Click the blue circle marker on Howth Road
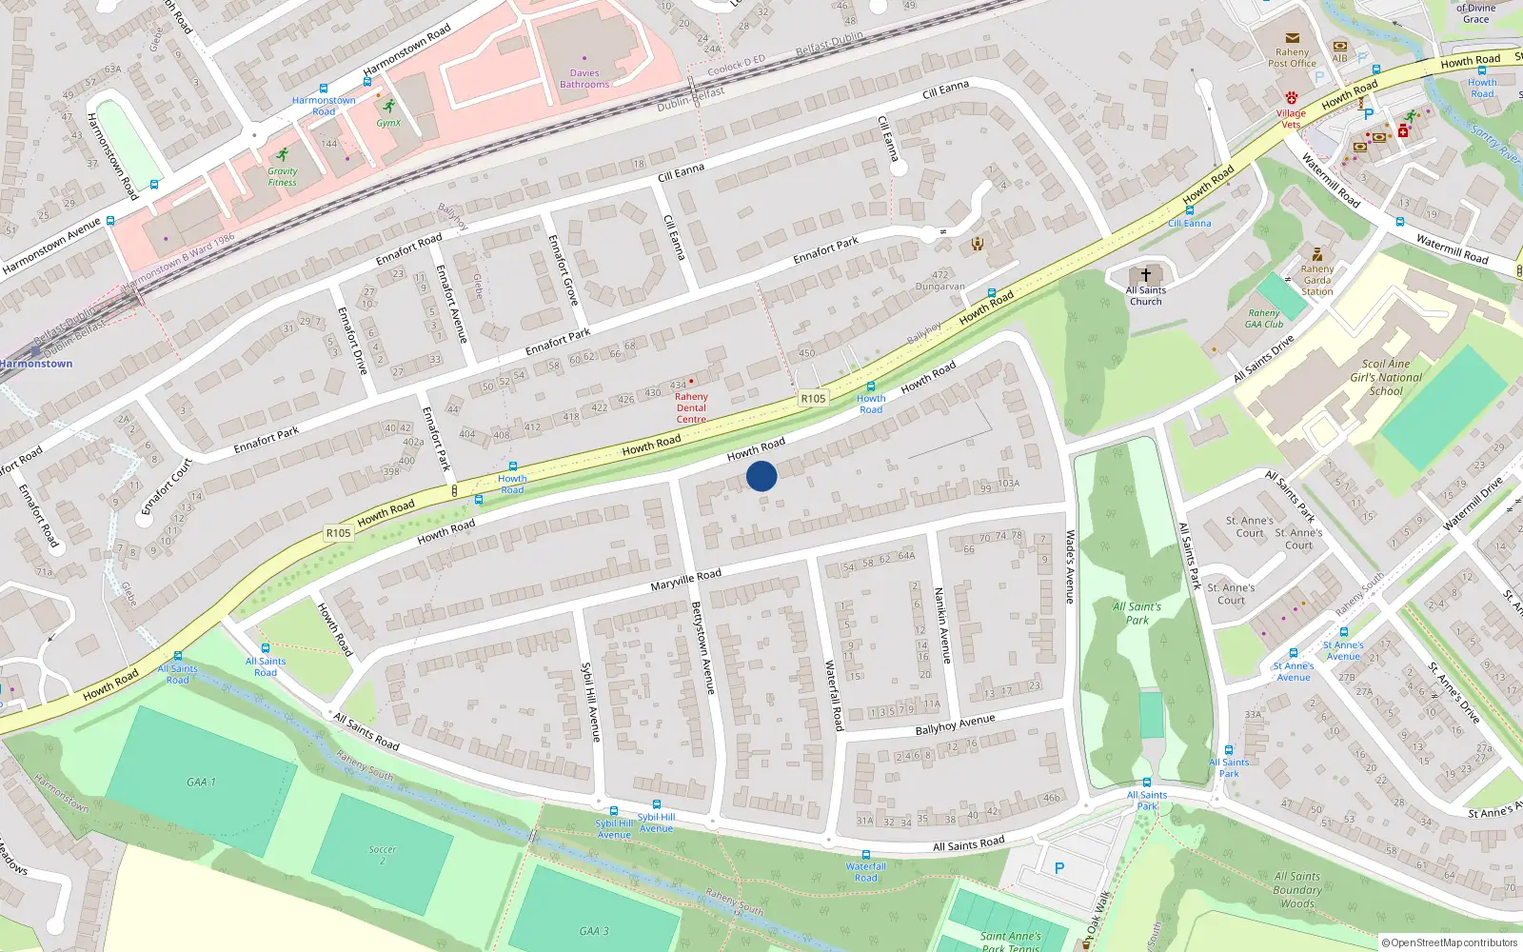pyautogui.click(x=761, y=476)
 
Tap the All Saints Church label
pyautogui.click(x=1146, y=296)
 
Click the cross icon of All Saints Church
pyautogui.click(x=1146, y=275)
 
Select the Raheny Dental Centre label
pyautogui.click(x=691, y=407)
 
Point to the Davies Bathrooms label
pyautogui.click(x=584, y=79)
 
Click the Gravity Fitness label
pyautogui.click(x=282, y=177)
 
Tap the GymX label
pyautogui.click(x=388, y=123)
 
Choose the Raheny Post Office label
pyautogui.click(x=1292, y=58)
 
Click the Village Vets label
pyautogui.click(x=1291, y=119)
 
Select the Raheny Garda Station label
pyautogui.click(x=1317, y=280)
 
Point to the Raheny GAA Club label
pyautogui.click(x=1264, y=318)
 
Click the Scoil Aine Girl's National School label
pyautogui.click(x=1386, y=377)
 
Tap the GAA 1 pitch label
pyautogui.click(x=201, y=783)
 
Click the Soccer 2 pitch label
pyautogui.click(x=383, y=854)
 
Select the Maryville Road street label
pyautogui.click(x=685, y=580)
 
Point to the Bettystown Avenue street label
pyautogui.click(x=703, y=647)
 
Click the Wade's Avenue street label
pyautogui.click(x=1070, y=566)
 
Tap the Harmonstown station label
pyautogui.click(x=36, y=364)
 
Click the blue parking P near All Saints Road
pyautogui.click(x=1059, y=868)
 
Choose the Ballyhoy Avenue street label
pyautogui.click(x=955, y=724)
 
